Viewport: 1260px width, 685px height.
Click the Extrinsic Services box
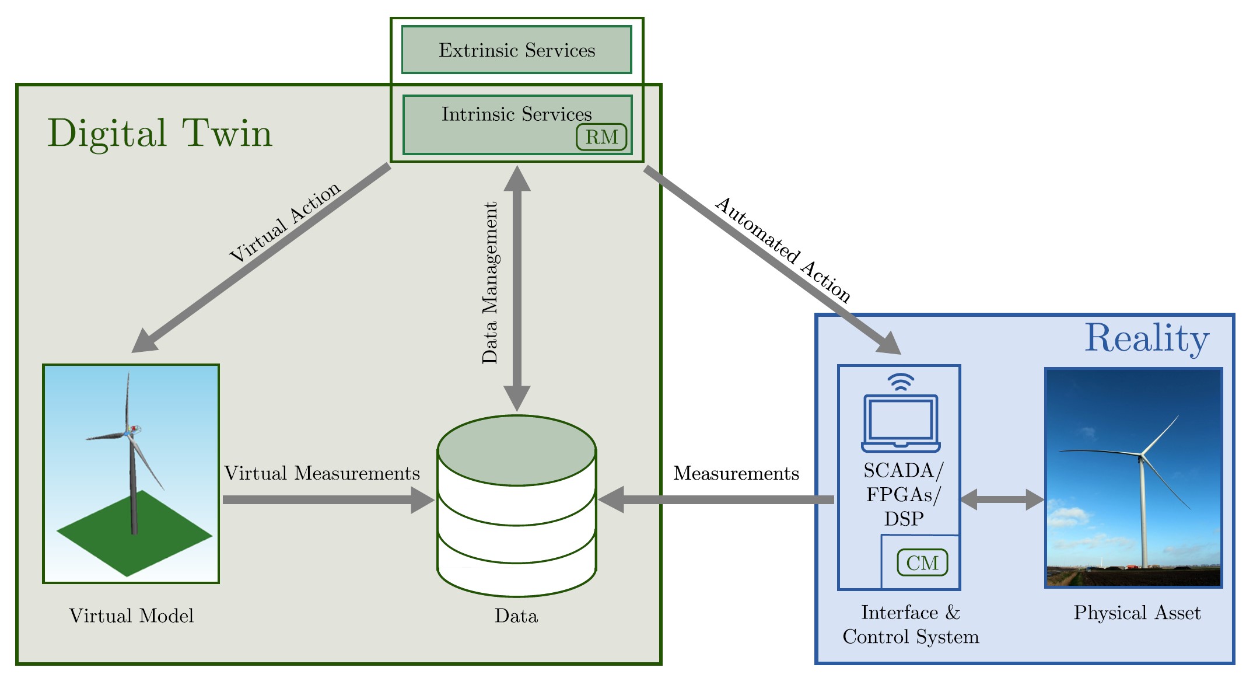[x=517, y=50]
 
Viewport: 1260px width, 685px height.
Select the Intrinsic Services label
[x=516, y=114]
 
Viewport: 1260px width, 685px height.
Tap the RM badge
[x=601, y=137]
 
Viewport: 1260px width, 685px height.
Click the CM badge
[x=922, y=562]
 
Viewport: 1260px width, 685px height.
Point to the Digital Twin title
[x=160, y=134]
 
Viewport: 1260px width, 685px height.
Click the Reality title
[x=1147, y=338]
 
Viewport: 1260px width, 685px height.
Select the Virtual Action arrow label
[x=285, y=222]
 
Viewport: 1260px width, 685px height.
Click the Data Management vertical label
[x=490, y=283]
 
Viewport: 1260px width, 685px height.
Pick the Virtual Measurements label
[x=322, y=473]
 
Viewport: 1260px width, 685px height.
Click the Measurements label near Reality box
[x=736, y=473]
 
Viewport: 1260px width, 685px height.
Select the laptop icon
[x=901, y=424]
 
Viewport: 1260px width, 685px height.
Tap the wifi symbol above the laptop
[x=901, y=382]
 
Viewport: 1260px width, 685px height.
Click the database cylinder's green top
[x=517, y=450]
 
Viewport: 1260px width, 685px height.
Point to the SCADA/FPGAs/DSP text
[x=903, y=494]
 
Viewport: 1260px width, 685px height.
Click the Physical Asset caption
[x=1137, y=613]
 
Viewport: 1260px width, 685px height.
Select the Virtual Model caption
[x=131, y=616]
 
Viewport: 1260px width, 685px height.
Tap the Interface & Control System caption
[x=911, y=624]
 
